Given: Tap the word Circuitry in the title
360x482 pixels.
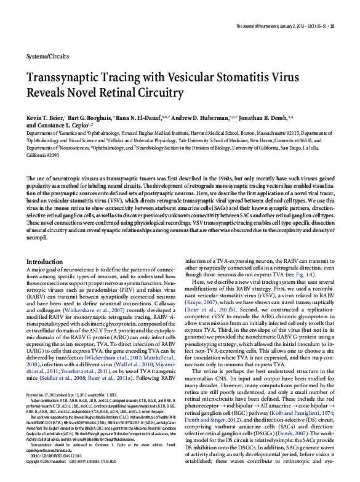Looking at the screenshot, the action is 156,94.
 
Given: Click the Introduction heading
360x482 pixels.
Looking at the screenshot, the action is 45,262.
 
